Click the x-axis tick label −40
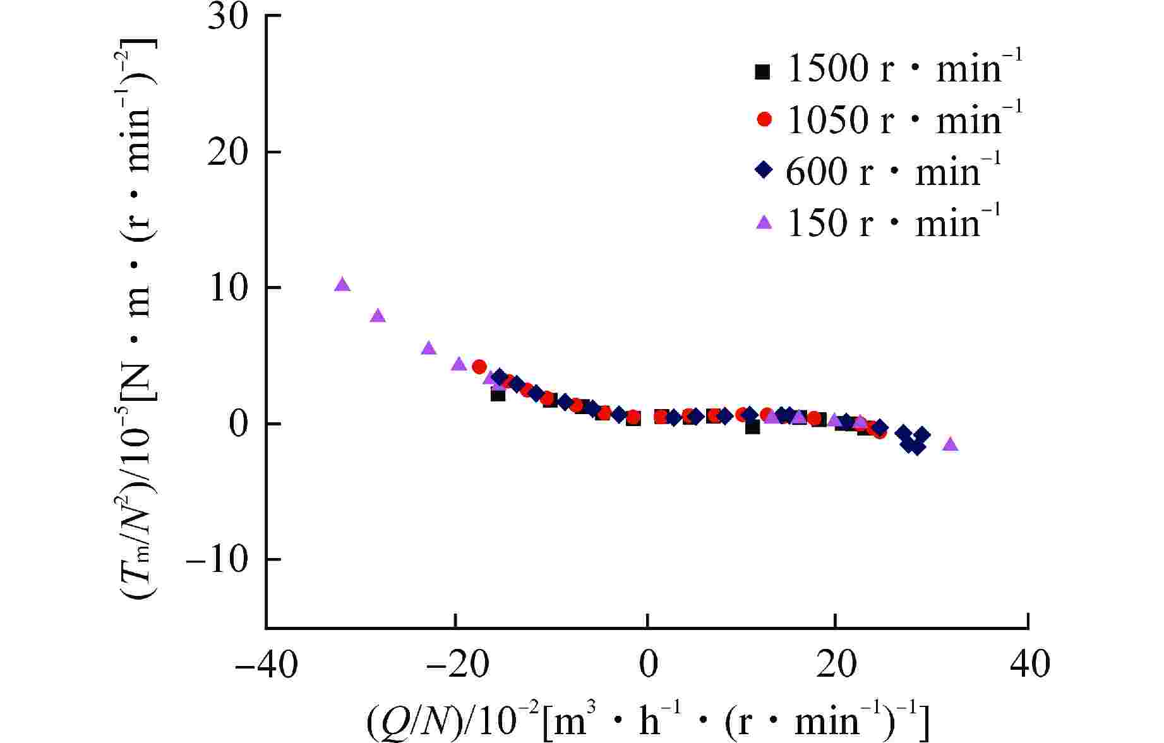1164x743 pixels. click(x=266, y=665)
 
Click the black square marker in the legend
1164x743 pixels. click(x=763, y=72)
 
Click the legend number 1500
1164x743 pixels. click(x=827, y=69)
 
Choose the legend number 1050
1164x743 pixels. click(x=827, y=119)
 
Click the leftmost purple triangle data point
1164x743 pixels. click(x=342, y=285)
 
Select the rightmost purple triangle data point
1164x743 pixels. click(x=951, y=444)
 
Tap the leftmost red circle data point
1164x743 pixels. click(x=479, y=367)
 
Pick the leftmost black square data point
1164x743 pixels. click(x=498, y=395)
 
